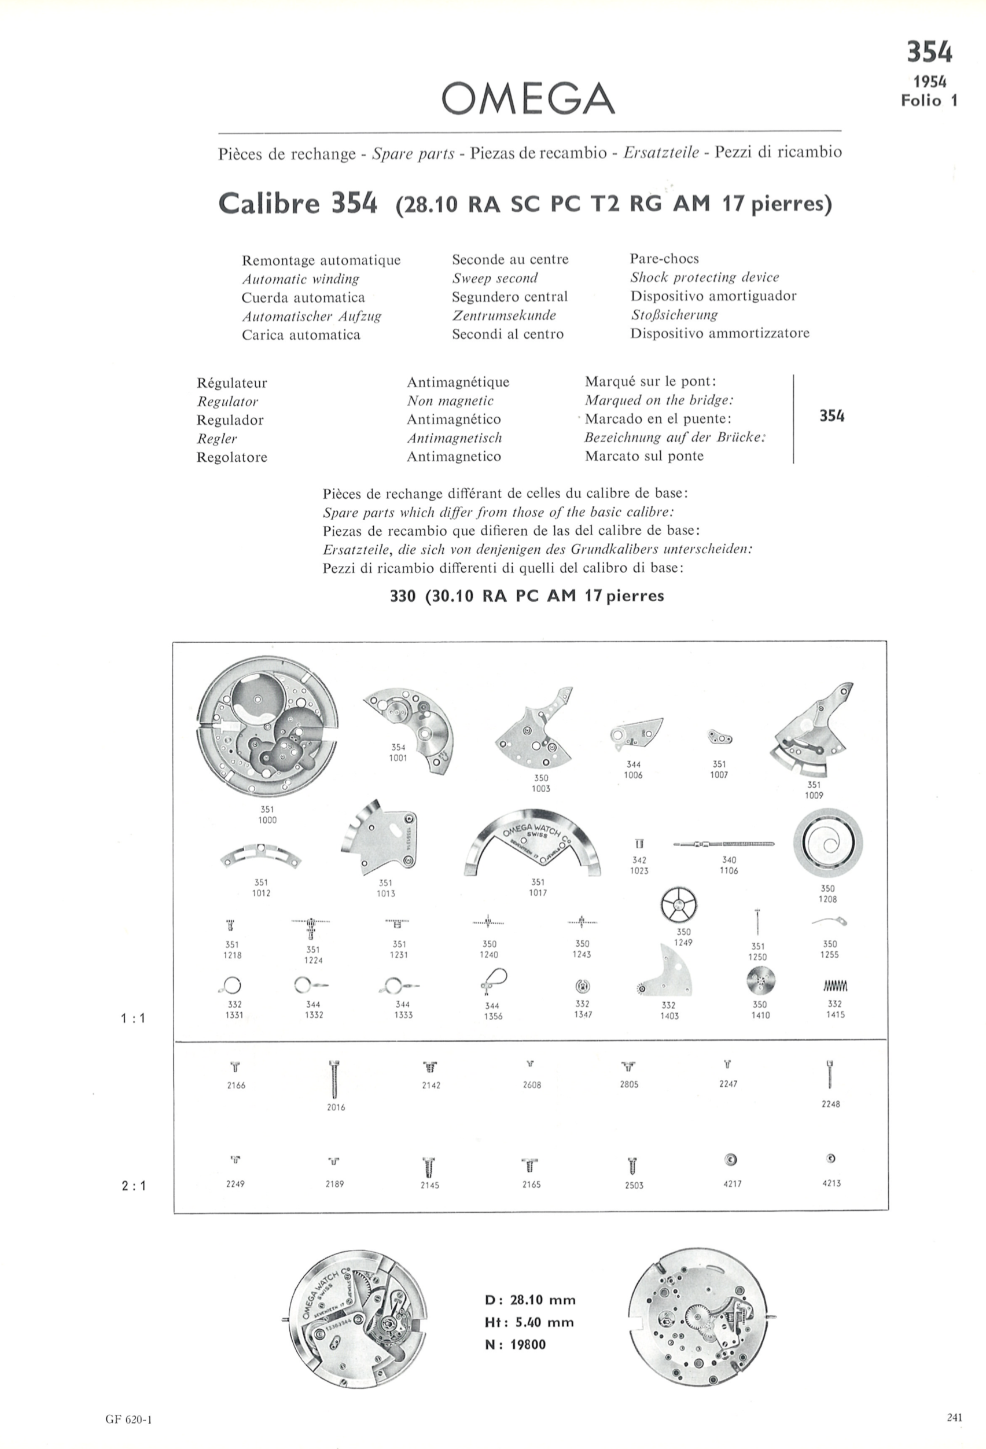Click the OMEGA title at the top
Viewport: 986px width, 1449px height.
click(527, 99)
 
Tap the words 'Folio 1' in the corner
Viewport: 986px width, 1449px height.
click(928, 101)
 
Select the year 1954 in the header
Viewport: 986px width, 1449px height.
click(929, 82)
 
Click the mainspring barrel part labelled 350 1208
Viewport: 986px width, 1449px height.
click(827, 844)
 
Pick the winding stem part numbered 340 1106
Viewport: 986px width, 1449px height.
click(724, 844)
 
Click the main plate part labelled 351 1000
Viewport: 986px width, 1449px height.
click(267, 726)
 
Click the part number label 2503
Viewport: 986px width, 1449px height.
click(633, 1186)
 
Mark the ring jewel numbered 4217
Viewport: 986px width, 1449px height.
click(732, 1160)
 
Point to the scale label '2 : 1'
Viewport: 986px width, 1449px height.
click(133, 1185)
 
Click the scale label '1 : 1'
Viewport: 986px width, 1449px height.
click(132, 1019)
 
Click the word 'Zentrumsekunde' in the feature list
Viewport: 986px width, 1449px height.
click(503, 315)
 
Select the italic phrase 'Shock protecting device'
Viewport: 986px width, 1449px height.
click(704, 277)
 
